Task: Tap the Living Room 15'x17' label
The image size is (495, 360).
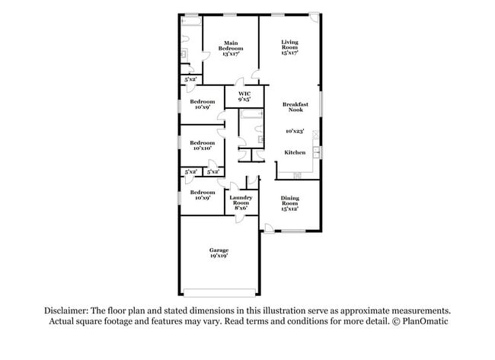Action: click(290, 47)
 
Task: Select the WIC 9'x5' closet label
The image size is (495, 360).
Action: click(244, 96)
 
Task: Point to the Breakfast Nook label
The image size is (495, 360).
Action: click(295, 107)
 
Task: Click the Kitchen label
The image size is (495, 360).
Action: click(295, 152)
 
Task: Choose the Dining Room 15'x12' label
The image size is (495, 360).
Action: click(290, 203)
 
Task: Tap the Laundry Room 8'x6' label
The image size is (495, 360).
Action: click(241, 203)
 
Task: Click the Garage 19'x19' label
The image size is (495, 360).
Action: click(219, 253)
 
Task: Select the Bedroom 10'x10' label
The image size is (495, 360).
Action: click(202, 145)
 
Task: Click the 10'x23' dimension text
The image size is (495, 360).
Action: click(295, 131)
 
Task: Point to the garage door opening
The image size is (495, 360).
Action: click(219, 293)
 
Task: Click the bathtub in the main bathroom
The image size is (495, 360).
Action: click(191, 21)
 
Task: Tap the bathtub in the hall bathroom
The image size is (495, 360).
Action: click(251, 113)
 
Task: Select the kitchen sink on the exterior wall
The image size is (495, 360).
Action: click(317, 152)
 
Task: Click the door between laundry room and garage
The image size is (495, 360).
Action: click(240, 218)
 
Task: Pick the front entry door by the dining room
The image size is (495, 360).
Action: click(270, 228)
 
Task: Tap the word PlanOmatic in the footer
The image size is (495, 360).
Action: click(425, 321)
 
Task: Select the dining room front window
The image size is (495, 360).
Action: click(293, 231)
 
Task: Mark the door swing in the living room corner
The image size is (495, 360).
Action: click(314, 18)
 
